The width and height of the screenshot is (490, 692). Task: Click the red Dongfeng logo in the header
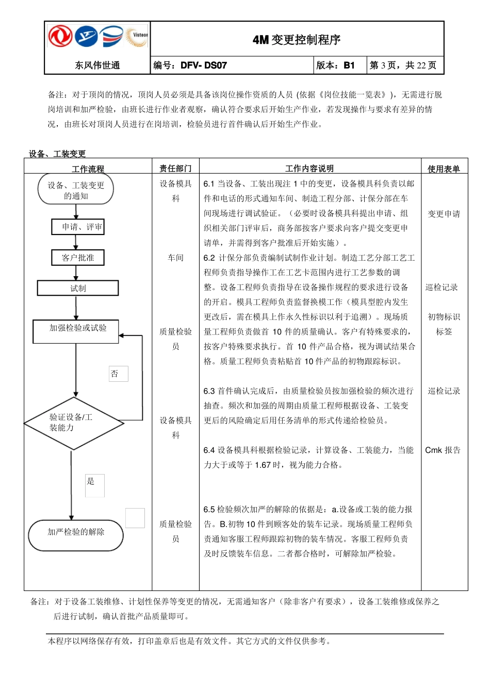pos(60,37)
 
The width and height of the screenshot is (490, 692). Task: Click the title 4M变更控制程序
pos(297,40)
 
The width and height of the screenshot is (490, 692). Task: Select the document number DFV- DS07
pos(204,65)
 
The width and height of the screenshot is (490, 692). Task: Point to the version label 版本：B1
pos(335,65)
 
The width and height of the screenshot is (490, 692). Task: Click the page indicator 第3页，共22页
pos(403,65)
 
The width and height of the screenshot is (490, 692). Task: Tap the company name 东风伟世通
pos(97,65)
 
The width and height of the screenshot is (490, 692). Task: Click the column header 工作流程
pos(88,168)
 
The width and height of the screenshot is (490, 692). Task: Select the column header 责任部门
pos(175,168)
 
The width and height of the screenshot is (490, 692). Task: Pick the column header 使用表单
pos(444,168)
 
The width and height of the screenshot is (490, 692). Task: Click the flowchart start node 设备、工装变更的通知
pos(76,190)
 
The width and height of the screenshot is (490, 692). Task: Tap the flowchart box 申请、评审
pos(78,227)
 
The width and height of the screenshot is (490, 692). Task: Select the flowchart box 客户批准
pos(78,258)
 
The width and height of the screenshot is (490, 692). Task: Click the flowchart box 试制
pos(78,288)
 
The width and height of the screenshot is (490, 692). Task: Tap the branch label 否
pos(116,374)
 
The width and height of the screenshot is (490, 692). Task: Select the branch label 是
pos(91,482)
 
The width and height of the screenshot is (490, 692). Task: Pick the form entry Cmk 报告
pos(443,450)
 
